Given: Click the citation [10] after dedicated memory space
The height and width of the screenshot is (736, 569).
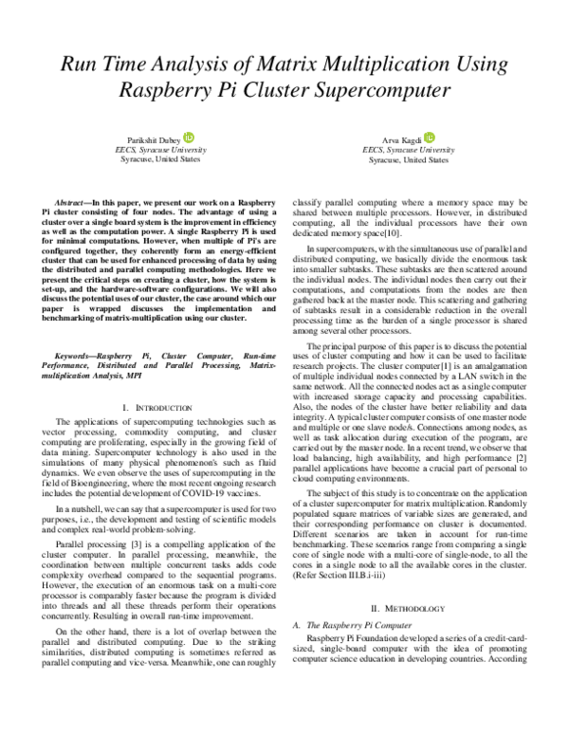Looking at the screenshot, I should pos(396,233).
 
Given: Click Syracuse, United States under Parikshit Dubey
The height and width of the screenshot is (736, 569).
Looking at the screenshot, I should pos(156,160).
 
